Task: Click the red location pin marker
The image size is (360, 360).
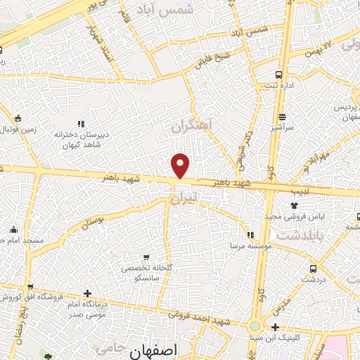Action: click(x=181, y=165)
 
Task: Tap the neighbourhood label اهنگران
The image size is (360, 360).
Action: click(x=191, y=126)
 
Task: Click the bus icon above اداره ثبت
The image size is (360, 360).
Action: click(x=279, y=75)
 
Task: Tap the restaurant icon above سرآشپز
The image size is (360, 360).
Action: click(x=282, y=117)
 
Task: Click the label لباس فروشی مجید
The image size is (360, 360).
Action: click(x=288, y=216)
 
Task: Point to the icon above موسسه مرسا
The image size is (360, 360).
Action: click(x=251, y=235)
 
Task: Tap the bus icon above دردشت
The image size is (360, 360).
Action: click(x=312, y=268)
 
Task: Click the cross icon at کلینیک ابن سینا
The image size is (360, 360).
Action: click(x=275, y=327)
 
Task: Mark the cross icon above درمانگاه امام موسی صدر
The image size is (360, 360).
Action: click(x=86, y=293)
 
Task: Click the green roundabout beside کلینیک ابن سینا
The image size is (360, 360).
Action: click(x=254, y=326)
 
